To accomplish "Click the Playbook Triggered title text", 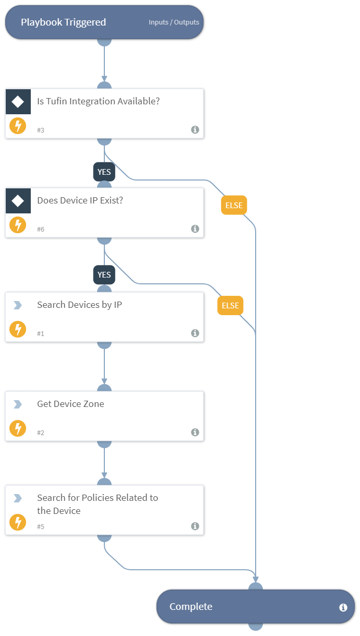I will pyautogui.click(x=63, y=22).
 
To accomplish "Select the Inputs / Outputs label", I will pyautogui.click(x=174, y=22).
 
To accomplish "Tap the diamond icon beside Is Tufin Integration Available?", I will pyautogui.click(x=18, y=101).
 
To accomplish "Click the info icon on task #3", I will pyautogui.click(x=195, y=129).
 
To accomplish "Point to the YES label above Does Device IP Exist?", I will pyautogui.click(x=104, y=172).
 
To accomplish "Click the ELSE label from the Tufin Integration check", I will pyautogui.click(x=234, y=205).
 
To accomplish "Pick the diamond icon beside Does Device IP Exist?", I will pyautogui.click(x=18, y=200).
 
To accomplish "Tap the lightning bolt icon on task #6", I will pyautogui.click(x=18, y=225).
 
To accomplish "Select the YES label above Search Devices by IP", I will pyautogui.click(x=104, y=274).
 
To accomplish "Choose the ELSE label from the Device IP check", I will pyautogui.click(x=230, y=305).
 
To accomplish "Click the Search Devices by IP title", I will pyautogui.click(x=79, y=305).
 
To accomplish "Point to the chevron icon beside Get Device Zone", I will pyautogui.click(x=18, y=404).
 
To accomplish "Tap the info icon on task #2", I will pyautogui.click(x=195, y=432).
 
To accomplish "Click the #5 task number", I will pyautogui.click(x=41, y=526).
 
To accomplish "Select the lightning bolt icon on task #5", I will pyautogui.click(x=18, y=522).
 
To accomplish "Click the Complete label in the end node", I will pyautogui.click(x=191, y=607).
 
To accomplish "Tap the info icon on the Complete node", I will pyautogui.click(x=343, y=607).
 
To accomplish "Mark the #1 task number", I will pyautogui.click(x=41, y=333).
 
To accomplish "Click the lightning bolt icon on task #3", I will pyautogui.click(x=18, y=126).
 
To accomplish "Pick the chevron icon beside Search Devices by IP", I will pyautogui.click(x=18, y=305).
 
